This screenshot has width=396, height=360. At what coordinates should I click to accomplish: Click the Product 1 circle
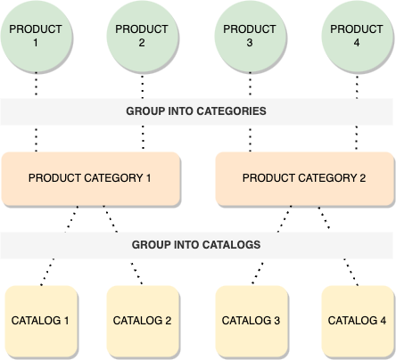coord(36,36)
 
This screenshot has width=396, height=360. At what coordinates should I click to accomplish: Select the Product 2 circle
coord(143,36)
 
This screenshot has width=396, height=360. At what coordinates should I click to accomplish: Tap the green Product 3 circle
coord(250,36)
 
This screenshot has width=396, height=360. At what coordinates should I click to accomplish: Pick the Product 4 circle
coord(357,36)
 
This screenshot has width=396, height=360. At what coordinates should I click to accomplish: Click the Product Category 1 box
coord(90,177)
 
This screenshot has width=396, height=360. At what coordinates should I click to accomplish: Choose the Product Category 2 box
coord(304,177)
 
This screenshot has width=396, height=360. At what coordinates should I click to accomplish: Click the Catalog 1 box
coord(41,320)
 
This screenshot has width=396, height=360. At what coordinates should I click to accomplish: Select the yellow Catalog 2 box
coord(143,320)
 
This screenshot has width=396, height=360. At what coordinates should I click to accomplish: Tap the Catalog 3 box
coord(251,320)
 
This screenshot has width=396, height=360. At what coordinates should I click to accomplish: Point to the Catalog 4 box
coord(357,320)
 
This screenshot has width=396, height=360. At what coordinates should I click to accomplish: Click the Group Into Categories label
coord(196,112)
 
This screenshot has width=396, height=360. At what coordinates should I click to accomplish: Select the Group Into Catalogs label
coord(196,244)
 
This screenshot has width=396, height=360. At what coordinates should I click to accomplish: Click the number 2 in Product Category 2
coord(362,177)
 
